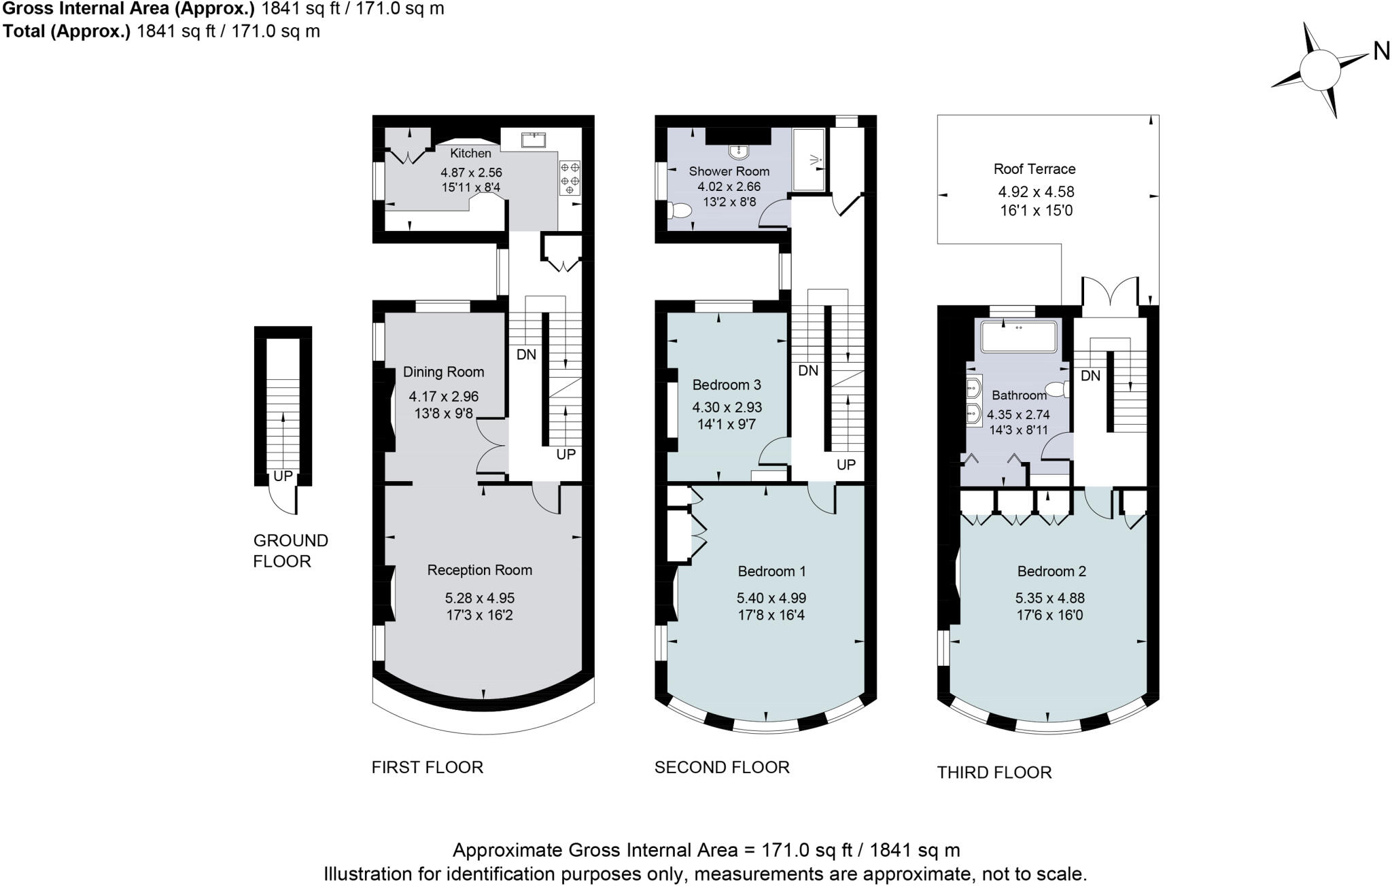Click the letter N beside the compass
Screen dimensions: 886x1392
pyautogui.click(x=1381, y=51)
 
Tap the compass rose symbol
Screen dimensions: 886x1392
pyautogui.click(x=1319, y=70)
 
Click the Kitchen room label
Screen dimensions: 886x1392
pyautogui.click(x=470, y=154)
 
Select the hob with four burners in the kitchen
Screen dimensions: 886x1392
pyautogui.click(x=570, y=177)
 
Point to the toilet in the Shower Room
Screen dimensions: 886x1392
pyautogui.click(x=679, y=211)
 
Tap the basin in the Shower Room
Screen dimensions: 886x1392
pyautogui.click(x=738, y=151)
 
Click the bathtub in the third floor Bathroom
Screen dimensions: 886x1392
pyautogui.click(x=1019, y=336)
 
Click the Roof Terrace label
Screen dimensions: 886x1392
pyautogui.click(x=1034, y=169)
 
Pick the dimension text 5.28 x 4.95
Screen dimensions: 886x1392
pyautogui.click(x=480, y=599)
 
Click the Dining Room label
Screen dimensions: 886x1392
pyautogui.click(x=443, y=372)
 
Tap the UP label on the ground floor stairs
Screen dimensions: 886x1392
pyautogui.click(x=283, y=476)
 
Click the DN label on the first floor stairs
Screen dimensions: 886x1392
pyautogui.click(x=526, y=355)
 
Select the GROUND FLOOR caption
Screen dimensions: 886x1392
pyautogui.click(x=290, y=551)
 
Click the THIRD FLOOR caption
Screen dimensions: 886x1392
pyautogui.click(x=994, y=773)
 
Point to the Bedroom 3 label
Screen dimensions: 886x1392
pyautogui.click(x=726, y=385)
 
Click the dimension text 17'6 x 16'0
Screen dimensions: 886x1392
pyautogui.click(x=1049, y=616)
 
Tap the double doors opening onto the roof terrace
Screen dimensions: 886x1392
pyautogui.click(x=1110, y=292)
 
